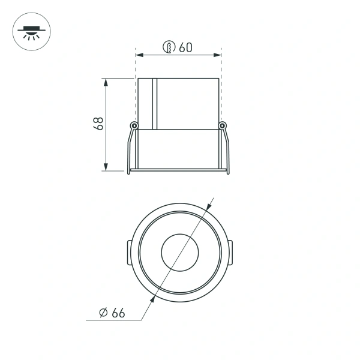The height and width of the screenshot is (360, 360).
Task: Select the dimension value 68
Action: point(98,124)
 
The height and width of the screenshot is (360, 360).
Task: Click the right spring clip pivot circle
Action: point(223,125)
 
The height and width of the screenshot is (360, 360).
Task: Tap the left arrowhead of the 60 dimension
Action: point(139,55)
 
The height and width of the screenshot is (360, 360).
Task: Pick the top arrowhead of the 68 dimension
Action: point(106,81)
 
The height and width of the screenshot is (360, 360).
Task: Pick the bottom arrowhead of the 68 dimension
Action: point(106,167)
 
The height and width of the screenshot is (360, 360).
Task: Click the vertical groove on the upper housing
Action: point(155,103)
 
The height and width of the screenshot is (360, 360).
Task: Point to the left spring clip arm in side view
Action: point(130,150)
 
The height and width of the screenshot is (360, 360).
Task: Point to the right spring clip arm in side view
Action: point(227,150)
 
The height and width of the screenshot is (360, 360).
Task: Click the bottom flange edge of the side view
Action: point(179,171)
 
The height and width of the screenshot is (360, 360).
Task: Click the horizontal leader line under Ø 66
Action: point(114,320)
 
